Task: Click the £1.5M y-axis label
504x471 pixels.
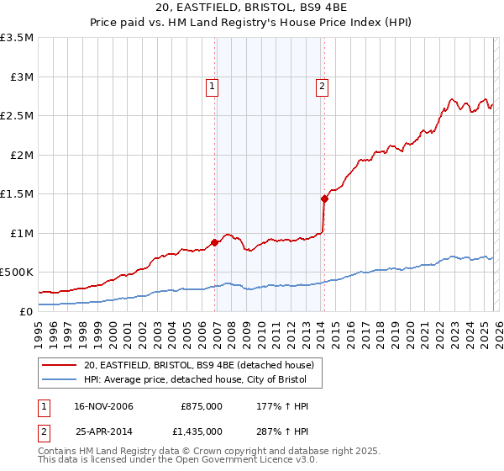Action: pos(18,194)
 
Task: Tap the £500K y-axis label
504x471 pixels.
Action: pos(18,273)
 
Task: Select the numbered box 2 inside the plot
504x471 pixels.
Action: pos(322,85)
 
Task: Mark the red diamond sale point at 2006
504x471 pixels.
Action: pos(214,242)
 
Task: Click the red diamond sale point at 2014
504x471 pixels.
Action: pos(324,198)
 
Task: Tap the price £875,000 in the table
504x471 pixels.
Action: pos(201,407)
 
